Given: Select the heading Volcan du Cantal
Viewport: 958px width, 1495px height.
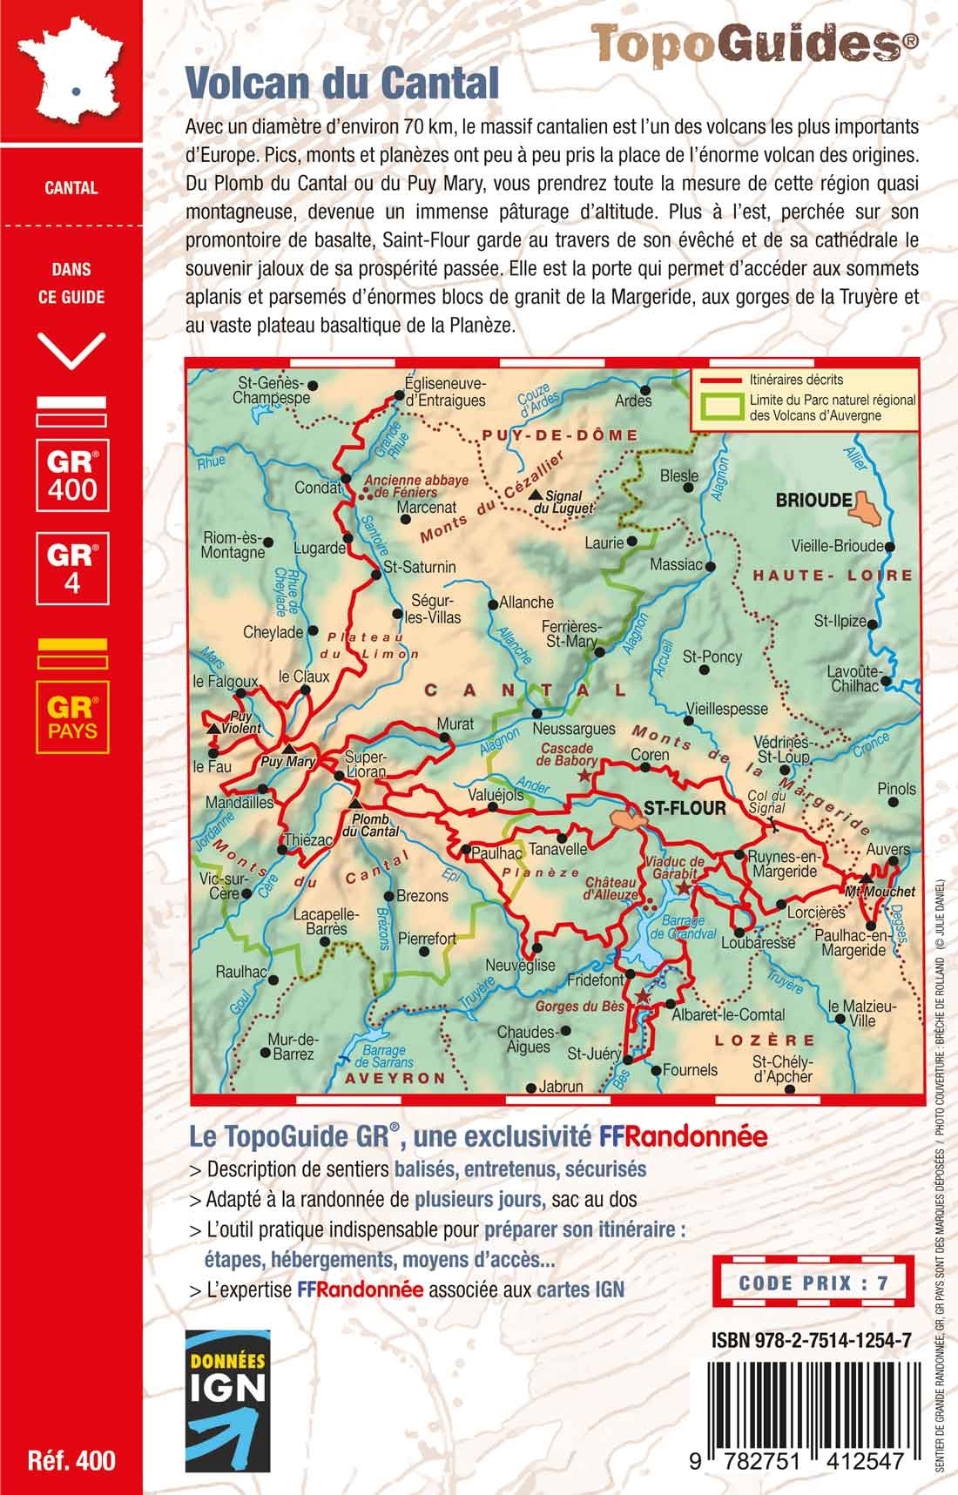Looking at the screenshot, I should (x=342, y=84).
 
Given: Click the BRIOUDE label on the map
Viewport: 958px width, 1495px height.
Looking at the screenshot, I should (x=813, y=500).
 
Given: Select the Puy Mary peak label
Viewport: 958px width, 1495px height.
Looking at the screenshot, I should (x=288, y=762).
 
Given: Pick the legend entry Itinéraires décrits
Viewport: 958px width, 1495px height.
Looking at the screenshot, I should (x=796, y=380).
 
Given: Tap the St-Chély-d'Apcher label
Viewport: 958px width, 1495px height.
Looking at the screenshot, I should (x=782, y=1069).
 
